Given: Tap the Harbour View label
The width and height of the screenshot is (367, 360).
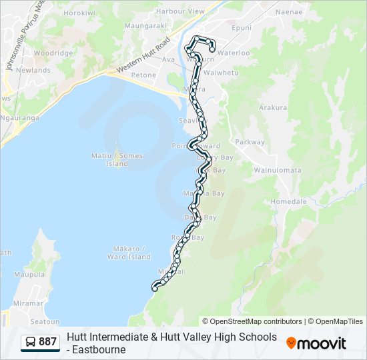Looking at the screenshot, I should click(180, 12).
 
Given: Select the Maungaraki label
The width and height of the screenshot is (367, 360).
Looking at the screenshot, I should click(145, 26).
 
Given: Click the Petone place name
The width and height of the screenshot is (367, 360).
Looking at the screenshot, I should click(143, 75).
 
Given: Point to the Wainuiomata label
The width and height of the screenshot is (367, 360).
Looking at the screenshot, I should click(277, 170).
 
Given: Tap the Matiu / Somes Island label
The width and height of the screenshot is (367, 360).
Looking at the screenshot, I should click(117, 159).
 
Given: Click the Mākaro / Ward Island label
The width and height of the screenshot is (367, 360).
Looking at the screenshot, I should click(129, 253).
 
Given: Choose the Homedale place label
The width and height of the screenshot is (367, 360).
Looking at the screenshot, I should click(288, 201).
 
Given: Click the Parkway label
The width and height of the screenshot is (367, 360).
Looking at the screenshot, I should click(250, 142).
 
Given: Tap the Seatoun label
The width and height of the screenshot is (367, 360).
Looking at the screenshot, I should click(45, 321).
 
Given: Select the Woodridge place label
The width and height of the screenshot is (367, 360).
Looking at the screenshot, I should click(53, 53).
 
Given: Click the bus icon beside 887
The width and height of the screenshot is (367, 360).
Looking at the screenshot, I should click(31, 342).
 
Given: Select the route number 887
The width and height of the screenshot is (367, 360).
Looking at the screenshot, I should click(48, 342).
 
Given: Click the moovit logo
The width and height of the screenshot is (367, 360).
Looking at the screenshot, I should click(316, 343).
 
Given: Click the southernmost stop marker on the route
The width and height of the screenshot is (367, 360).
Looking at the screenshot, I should click(155, 288).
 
